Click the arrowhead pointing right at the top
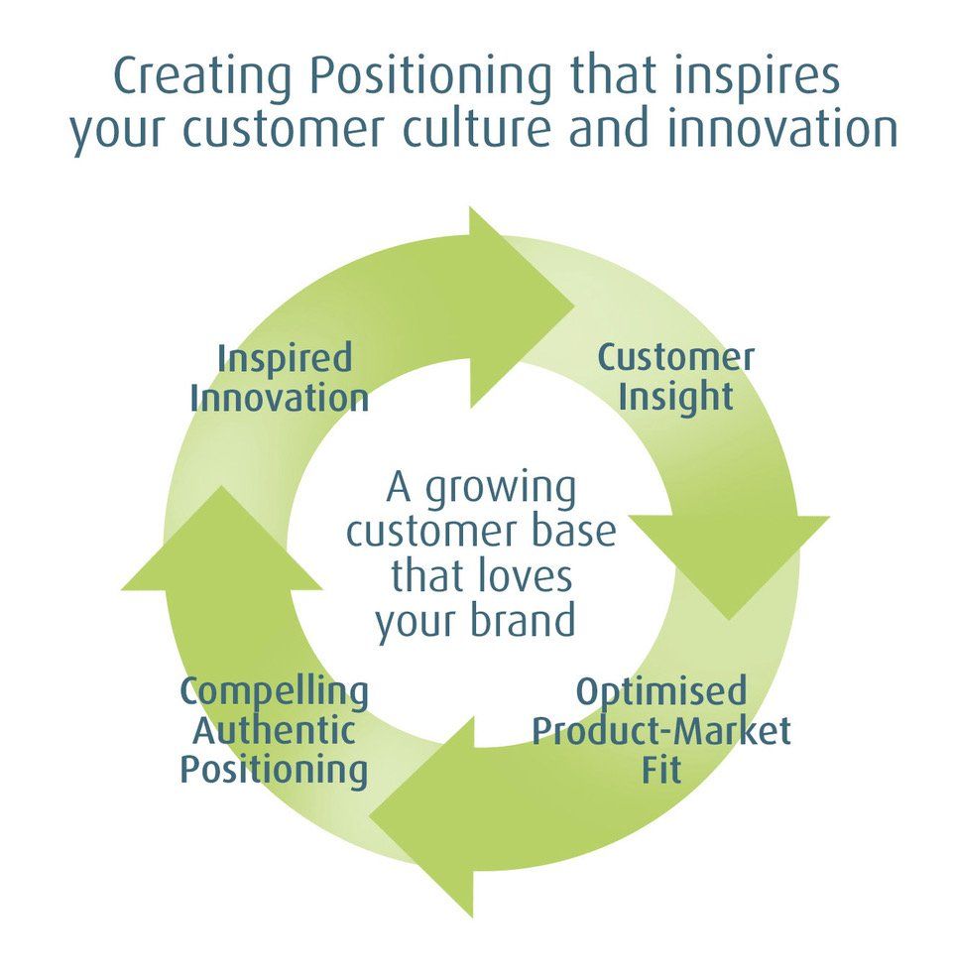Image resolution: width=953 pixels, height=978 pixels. click(516, 298)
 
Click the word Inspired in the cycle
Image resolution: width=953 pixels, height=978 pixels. click(285, 358)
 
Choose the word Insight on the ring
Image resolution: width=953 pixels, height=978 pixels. click(675, 396)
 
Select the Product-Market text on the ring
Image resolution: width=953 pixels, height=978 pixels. click(661, 732)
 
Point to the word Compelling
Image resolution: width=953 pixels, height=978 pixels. click(274, 691)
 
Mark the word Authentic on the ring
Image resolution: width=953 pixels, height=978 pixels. click(274, 731)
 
